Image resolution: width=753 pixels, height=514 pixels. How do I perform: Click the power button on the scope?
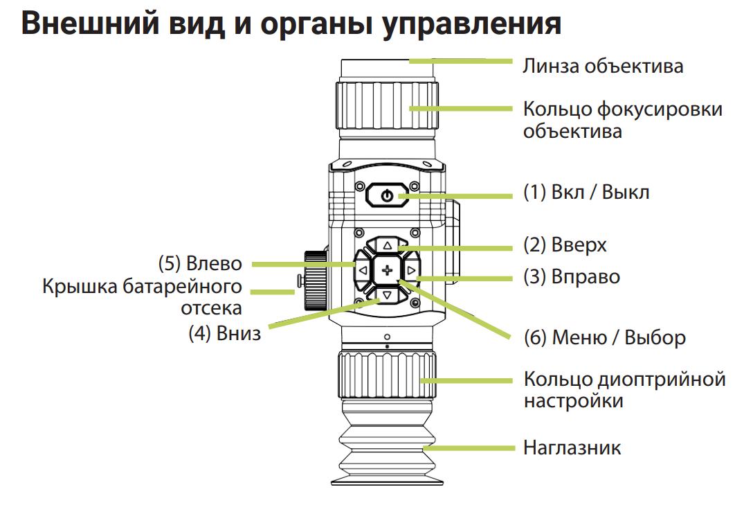[387, 196]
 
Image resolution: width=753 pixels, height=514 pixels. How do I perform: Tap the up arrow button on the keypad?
[387, 245]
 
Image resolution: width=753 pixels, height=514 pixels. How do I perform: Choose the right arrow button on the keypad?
[411, 270]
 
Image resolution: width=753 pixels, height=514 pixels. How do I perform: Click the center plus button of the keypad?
[387, 270]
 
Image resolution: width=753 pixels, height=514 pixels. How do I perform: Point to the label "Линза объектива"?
[603, 67]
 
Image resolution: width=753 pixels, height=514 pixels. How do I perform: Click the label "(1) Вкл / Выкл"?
[586, 192]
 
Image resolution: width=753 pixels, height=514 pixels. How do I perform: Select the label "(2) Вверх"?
[565, 245]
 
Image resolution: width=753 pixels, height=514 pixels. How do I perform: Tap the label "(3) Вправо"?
[572, 277]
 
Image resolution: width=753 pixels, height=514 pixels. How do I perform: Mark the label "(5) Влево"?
[201, 264]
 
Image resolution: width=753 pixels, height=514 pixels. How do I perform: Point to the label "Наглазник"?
[572, 447]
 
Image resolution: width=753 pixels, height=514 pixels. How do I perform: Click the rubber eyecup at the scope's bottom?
[387, 450]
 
